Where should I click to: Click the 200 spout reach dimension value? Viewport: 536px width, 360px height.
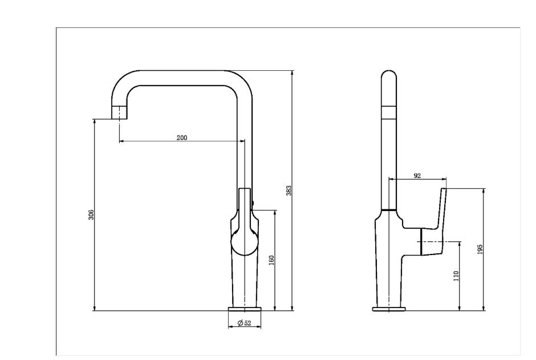pos(182,137)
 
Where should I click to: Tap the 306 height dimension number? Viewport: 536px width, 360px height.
pos(91,215)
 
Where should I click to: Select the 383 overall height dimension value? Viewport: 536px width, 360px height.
pos(289,191)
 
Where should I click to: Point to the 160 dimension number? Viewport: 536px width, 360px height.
pos(272,261)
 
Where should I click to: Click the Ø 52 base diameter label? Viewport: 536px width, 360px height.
pos(244,323)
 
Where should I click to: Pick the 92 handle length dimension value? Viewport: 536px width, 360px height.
pos(417,176)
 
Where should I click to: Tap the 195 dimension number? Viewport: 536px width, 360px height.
pos(480,249)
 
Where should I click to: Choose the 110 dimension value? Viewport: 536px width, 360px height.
pos(456,276)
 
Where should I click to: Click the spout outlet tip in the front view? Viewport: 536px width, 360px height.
pos(119,112)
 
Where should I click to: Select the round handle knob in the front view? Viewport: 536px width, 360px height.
pos(243,242)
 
